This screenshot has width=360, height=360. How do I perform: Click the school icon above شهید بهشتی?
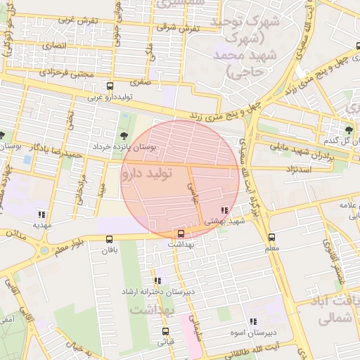224,210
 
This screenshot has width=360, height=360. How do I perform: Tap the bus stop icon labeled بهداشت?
181,233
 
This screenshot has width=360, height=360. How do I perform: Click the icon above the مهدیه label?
41,214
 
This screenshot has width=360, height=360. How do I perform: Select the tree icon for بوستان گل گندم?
349,129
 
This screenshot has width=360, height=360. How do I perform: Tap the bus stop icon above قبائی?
165,330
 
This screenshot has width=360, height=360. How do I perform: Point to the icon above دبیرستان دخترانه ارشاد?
157,280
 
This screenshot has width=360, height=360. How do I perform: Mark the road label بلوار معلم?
69,245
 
